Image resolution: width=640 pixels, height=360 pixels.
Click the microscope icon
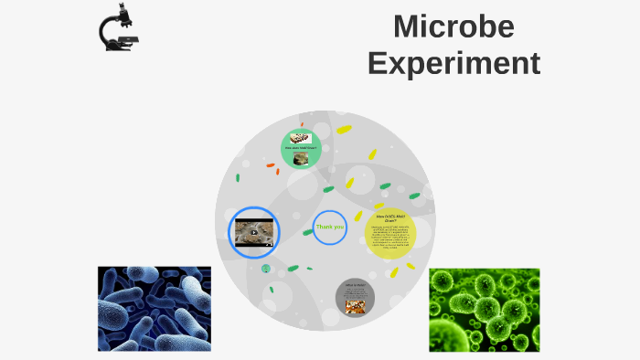119,28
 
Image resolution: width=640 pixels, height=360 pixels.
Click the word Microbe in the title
453,26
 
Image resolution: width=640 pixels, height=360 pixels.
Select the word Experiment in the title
453,63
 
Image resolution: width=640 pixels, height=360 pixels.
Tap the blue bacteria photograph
155,309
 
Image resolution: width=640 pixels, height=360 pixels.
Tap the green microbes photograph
485,310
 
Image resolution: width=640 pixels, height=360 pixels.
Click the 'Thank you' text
329,227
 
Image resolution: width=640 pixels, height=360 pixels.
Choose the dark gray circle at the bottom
355,298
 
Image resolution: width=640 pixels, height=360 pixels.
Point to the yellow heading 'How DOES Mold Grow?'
390,218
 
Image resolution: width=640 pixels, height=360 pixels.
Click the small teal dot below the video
266,269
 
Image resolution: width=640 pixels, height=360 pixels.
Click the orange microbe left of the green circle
271,166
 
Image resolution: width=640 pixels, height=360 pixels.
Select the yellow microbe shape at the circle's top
344,130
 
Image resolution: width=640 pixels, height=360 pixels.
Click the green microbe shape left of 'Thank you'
308,232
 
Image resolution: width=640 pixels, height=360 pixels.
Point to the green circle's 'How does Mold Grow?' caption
301,147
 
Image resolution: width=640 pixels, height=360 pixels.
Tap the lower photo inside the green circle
301,157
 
